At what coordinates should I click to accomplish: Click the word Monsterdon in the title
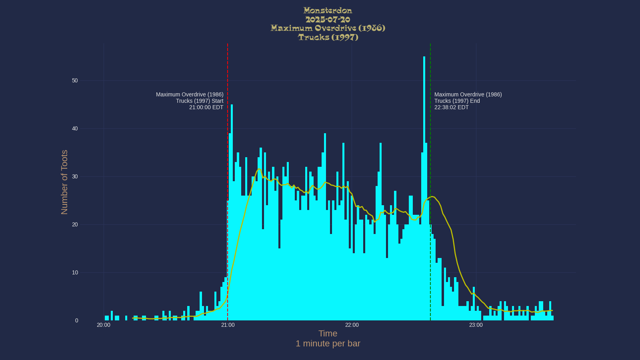pyautogui.click(x=328, y=11)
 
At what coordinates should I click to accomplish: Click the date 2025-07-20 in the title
pyautogui.click(x=328, y=20)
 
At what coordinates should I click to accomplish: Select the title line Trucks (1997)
pyautogui.click(x=328, y=37)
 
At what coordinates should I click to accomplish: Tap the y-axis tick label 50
pyautogui.click(x=75, y=81)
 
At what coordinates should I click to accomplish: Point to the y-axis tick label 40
pyautogui.click(x=75, y=129)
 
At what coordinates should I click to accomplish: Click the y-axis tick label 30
pyautogui.click(x=75, y=177)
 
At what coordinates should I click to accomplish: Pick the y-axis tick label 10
pyautogui.click(x=75, y=273)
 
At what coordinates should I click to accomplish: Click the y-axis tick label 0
pyautogui.click(x=76, y=321)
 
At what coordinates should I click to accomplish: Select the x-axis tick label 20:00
pyautogui.click(x=104, y=325)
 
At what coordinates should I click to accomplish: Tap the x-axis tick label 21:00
pyautogui.click(x=228, y=325)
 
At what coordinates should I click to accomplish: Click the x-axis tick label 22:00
pyautogui.click(x=352, y=325)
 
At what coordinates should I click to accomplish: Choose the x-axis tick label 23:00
pyautogui.click(x=476, y=325)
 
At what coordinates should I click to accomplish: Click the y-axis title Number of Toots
pyautogui.click(x=64, y=182)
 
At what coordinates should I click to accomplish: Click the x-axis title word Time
pyautogui.click(x=328, y=334)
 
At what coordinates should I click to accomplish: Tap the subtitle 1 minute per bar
pyautogui.click(x=328, y=344)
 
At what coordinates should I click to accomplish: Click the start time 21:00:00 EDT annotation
pyautogui.click(x=206, y=107)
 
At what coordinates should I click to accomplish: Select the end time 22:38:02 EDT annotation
pyautogui.click(x=451, y=107)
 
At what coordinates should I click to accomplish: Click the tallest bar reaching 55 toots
pyautogui.click(x=424, y=160)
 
